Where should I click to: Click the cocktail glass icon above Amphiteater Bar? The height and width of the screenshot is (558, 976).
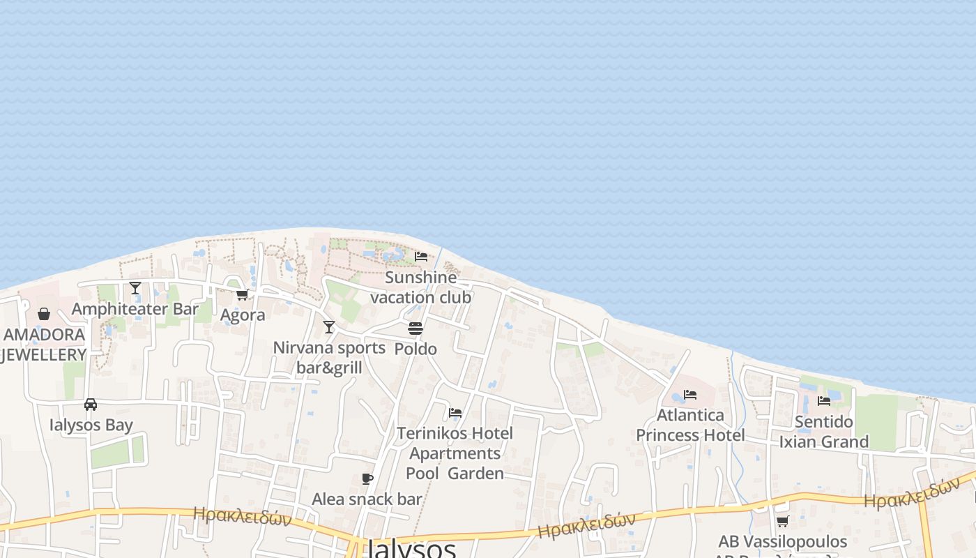[135, 287]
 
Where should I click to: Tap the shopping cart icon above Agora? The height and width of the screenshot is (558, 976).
[242, 294]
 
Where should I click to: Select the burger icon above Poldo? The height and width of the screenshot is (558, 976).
[415, 328]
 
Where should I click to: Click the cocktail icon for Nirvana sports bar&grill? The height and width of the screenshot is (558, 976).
[328, 326]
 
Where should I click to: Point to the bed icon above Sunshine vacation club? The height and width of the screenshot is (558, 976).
[421, 257]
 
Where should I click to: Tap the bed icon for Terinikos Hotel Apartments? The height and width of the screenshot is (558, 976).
[455, 413]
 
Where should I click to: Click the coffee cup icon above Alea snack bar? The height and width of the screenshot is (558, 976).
[367, 478]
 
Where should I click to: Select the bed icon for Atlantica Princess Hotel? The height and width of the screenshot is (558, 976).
[690, 395]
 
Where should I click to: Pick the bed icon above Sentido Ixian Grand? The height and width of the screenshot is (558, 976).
[824, 401]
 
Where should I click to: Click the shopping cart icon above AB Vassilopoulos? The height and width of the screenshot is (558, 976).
[782, 521]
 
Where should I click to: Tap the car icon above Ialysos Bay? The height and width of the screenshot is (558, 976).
[91, 405]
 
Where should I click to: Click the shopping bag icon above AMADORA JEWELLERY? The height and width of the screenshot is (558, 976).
[44, 314]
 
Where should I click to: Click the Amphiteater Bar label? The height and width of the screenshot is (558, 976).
[135, 309]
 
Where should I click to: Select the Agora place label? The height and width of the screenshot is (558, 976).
[243, 315]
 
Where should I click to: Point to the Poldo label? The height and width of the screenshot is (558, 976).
[415, 349]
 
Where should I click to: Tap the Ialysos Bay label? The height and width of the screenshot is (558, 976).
[91, 425]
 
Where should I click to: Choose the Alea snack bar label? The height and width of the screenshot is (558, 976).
[367, 499]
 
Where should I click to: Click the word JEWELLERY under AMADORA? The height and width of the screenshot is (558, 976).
[44, 354]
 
